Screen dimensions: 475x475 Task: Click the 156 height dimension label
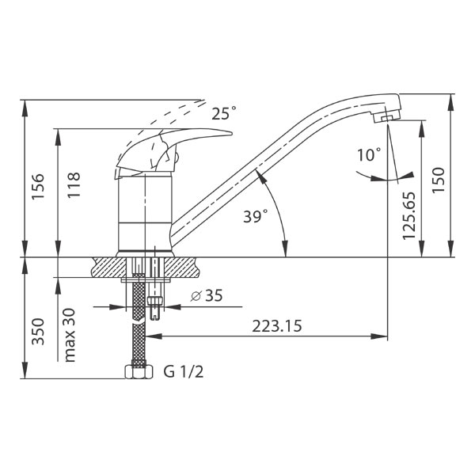pos(38,186)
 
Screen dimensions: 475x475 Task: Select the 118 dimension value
pos(74,184)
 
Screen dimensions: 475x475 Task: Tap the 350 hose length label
pos(39,332)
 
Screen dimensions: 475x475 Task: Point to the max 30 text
pos(70,335)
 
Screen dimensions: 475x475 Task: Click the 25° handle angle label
pos(223,113)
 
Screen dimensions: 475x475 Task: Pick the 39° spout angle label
pos(256,216)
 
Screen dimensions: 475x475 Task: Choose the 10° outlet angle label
pos(369,155)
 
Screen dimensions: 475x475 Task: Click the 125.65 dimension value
pos(409,215)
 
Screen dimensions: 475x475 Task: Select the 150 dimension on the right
pos(438,180)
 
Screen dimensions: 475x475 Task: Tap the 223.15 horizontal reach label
pos(277,326)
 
